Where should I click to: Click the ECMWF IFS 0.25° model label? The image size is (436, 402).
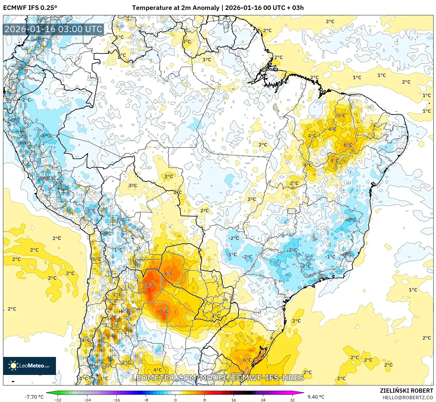(x=30, y=8)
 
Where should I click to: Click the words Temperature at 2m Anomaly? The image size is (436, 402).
(x=176, y=8)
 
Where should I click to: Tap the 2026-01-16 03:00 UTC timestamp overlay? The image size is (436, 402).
(x=54, y=29)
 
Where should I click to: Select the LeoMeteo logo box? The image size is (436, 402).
(x=29, y=366)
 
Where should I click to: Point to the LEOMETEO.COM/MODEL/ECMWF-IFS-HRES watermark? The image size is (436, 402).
(x=218, y=378)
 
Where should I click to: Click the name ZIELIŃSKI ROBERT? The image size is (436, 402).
(x=406, y=391)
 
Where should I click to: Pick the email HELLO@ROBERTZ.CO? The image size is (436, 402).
(x=408, y=397)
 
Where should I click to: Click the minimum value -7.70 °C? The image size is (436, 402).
(x=34, y=397)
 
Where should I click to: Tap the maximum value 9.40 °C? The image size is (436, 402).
(x=316, y=397)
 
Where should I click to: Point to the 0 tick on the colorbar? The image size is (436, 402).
(x=175, y=400)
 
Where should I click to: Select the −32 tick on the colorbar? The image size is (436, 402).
(x=57, y=400)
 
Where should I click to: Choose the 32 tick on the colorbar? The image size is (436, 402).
(x=292, y=400)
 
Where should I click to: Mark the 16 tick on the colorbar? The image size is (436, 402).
(x=234, y=400)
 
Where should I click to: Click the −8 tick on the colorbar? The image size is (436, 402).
(x=146, y=400)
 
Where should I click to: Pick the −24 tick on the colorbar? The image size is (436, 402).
(x=87, y=400)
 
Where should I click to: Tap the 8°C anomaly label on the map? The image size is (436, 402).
(x=151, y=285)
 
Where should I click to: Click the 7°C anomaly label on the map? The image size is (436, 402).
(x=164, y=311)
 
